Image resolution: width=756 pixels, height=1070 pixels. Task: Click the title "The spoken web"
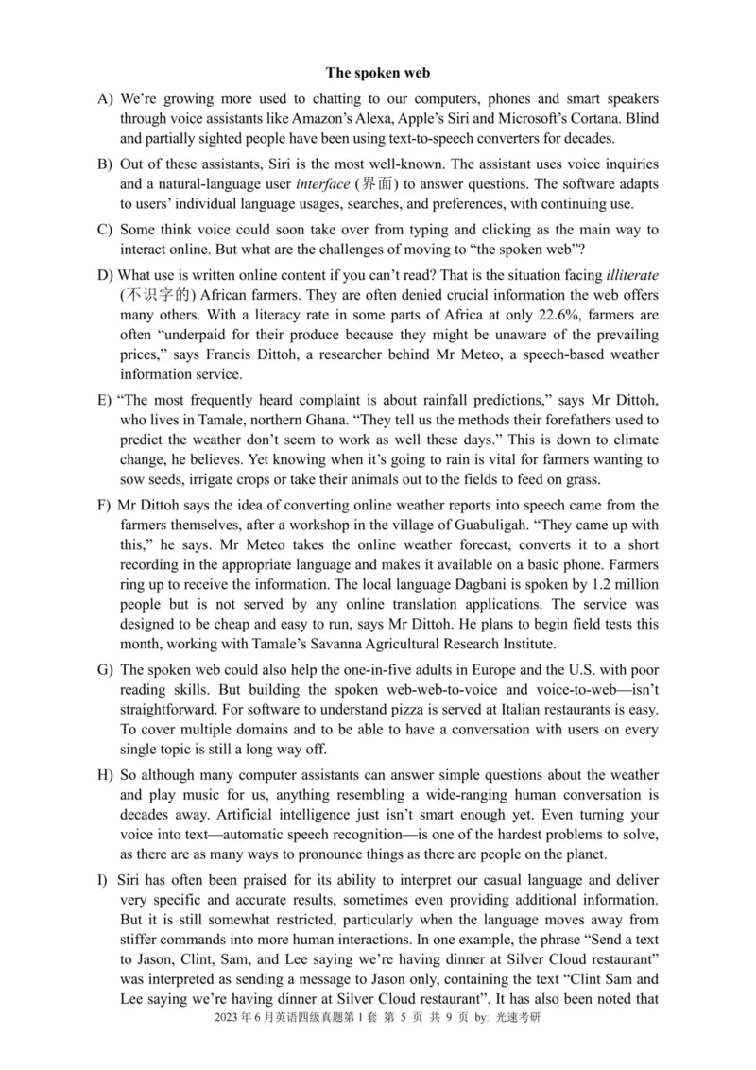(378, 72)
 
